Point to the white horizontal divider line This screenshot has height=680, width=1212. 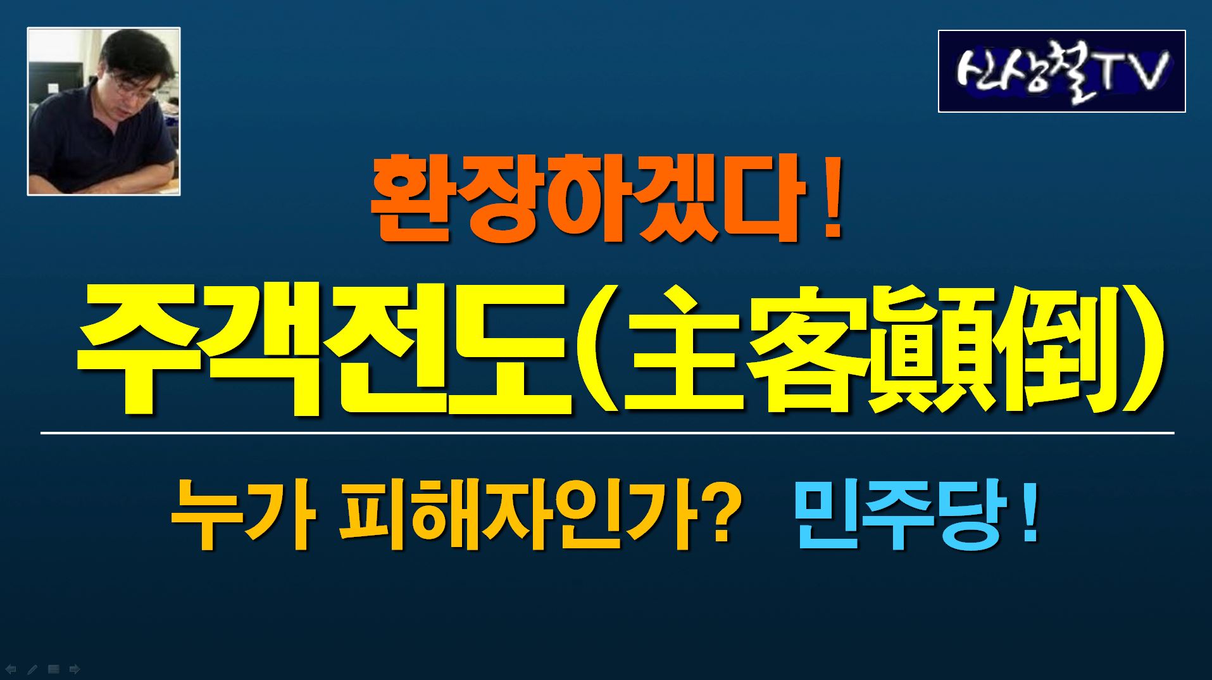(607, 433)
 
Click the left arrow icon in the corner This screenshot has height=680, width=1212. (11, 669)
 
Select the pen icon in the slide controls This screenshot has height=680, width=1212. (32, 669)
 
